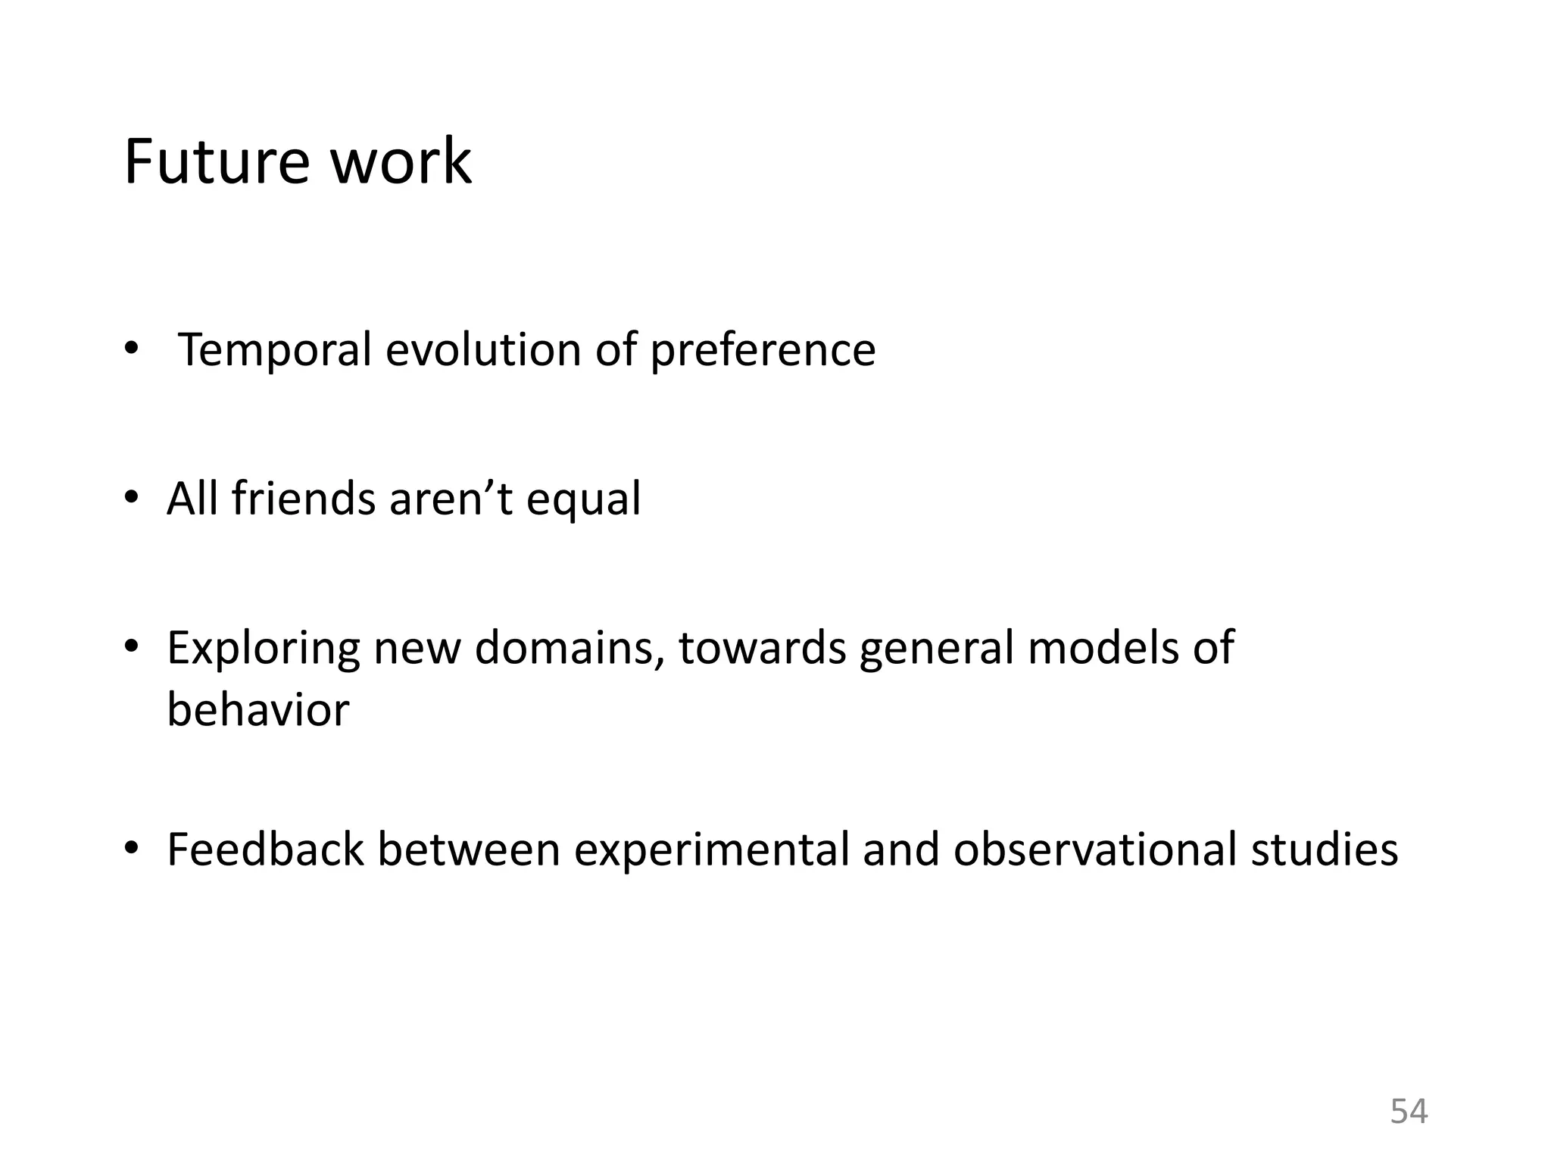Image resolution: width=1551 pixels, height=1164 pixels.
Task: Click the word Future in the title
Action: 217,161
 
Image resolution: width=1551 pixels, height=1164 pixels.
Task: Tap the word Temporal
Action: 275,350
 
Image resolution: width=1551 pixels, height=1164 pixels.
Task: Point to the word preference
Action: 763,352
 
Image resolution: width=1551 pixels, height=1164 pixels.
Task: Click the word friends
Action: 303,499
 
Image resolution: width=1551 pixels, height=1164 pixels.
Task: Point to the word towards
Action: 762,649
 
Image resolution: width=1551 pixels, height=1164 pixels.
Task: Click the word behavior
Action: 258,710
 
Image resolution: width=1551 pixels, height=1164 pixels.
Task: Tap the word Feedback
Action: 265,850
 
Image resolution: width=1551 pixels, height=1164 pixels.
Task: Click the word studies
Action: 1325,850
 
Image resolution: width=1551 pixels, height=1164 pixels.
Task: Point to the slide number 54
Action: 1409,1112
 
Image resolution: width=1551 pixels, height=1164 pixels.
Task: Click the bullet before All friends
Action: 131,498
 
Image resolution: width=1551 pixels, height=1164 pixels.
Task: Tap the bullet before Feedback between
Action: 131,848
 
